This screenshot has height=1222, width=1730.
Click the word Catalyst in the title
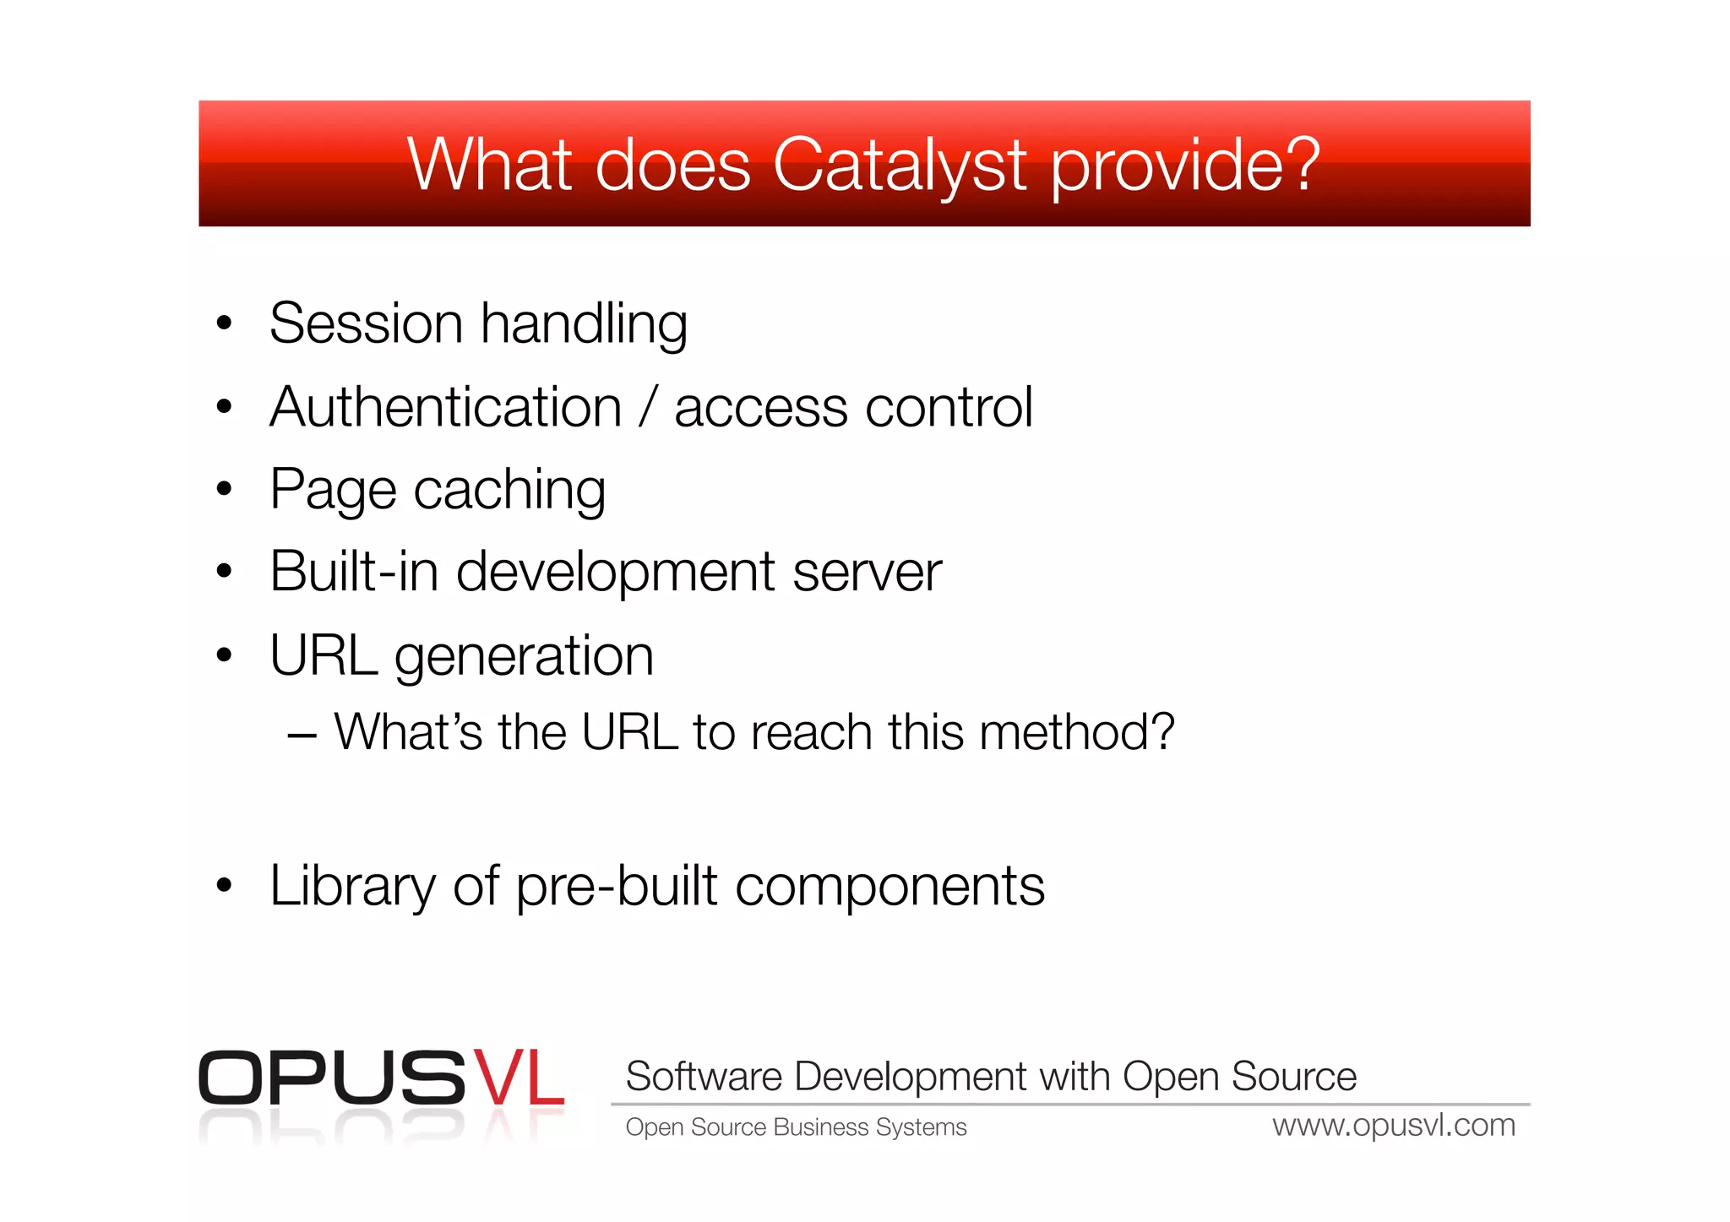coord(899,166)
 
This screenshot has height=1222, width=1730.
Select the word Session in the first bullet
coord(366,323)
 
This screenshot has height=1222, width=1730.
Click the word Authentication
coord(446,408)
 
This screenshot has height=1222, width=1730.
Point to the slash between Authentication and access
coord(648,408)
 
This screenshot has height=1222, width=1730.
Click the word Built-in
coord(354,572)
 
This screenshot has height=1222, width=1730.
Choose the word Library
coord(352,887)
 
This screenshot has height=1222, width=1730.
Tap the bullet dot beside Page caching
coord(224,489)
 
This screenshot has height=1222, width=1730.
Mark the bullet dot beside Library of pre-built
coord(224,886)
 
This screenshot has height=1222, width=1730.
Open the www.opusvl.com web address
coord(1394,1126)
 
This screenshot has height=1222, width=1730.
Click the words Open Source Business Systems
coord(796,1127)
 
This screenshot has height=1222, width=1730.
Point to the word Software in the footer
coord(704,1077)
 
